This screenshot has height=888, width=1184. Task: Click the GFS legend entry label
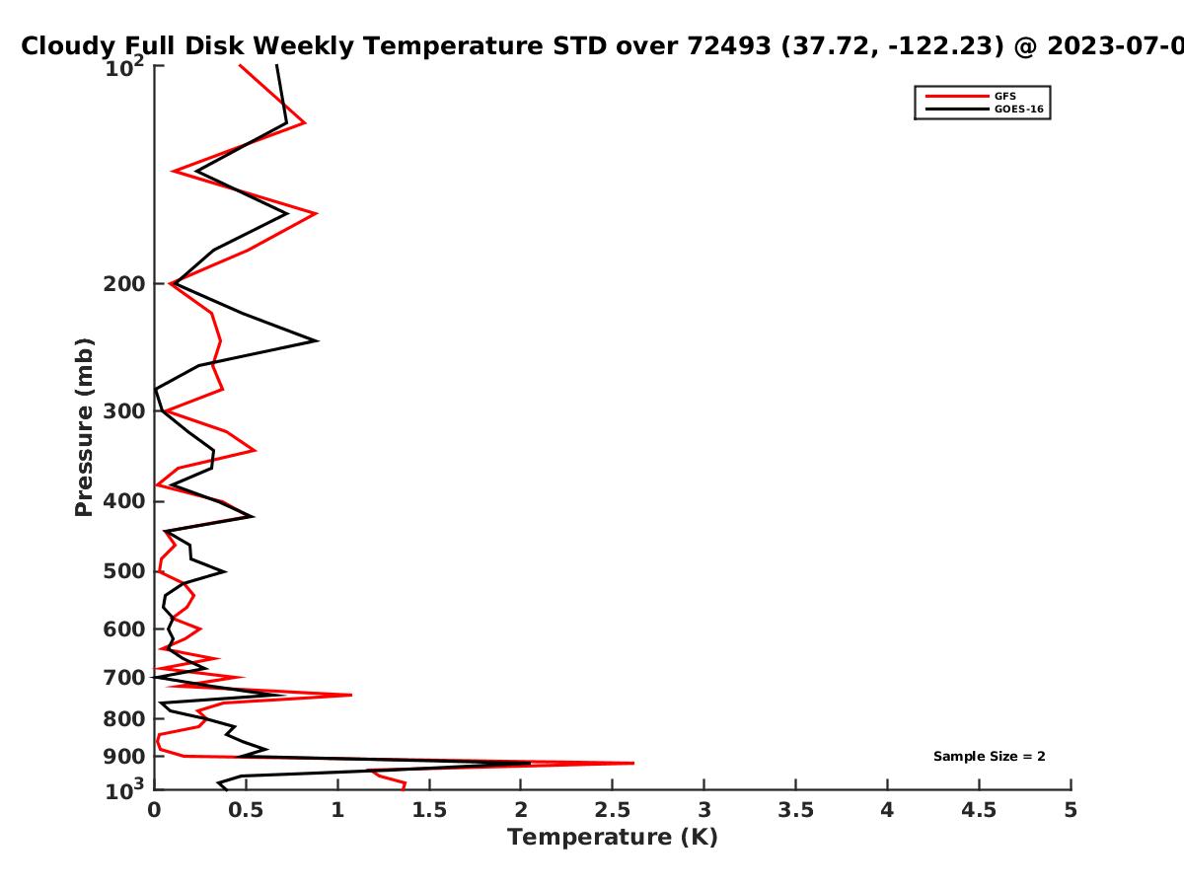pyautogui.click(x=1004, y=97)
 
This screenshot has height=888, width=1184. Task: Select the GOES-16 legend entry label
pyautogui.click(x=1019, y=110)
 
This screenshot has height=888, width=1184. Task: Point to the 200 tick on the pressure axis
pyautogui.click(x=124, y=283)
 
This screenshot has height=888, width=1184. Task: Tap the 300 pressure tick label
pyautogui.click(x=124, y=411)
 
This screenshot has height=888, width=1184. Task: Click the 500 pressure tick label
pyautogui.click(x=124, y=571)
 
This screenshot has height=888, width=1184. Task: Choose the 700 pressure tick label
pyautogui.click(x=124, y=677)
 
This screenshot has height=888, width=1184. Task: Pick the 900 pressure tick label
pyautogui.click(x=124, y=757)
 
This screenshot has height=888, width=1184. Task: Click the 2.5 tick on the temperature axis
pyautogui.click(x=613, y=810)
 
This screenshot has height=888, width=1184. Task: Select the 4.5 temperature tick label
pyautogui.click(x=979, y=810)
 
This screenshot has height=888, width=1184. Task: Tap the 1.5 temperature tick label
pyautogui.click(x=429, y=810)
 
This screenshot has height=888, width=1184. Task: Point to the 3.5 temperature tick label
pyautogui.click(x=795, y=810)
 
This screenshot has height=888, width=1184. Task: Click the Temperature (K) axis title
pyautogui.click(x=613, y=838)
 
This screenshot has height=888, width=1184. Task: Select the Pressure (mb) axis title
pyautogui.click(x=84, y=427)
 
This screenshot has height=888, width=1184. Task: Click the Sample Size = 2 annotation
pyautogui.click(x=990, y=757)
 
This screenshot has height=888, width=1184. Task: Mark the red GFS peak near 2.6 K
pyautogui.click(x=633, y=763)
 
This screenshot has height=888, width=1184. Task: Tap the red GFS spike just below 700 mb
pyautogui.click(x=351, y=695)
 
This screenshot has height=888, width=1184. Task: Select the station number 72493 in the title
pyautogui.click(x=729, y=46)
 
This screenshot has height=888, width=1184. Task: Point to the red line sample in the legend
pyautogui.click(x=957, y=97)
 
